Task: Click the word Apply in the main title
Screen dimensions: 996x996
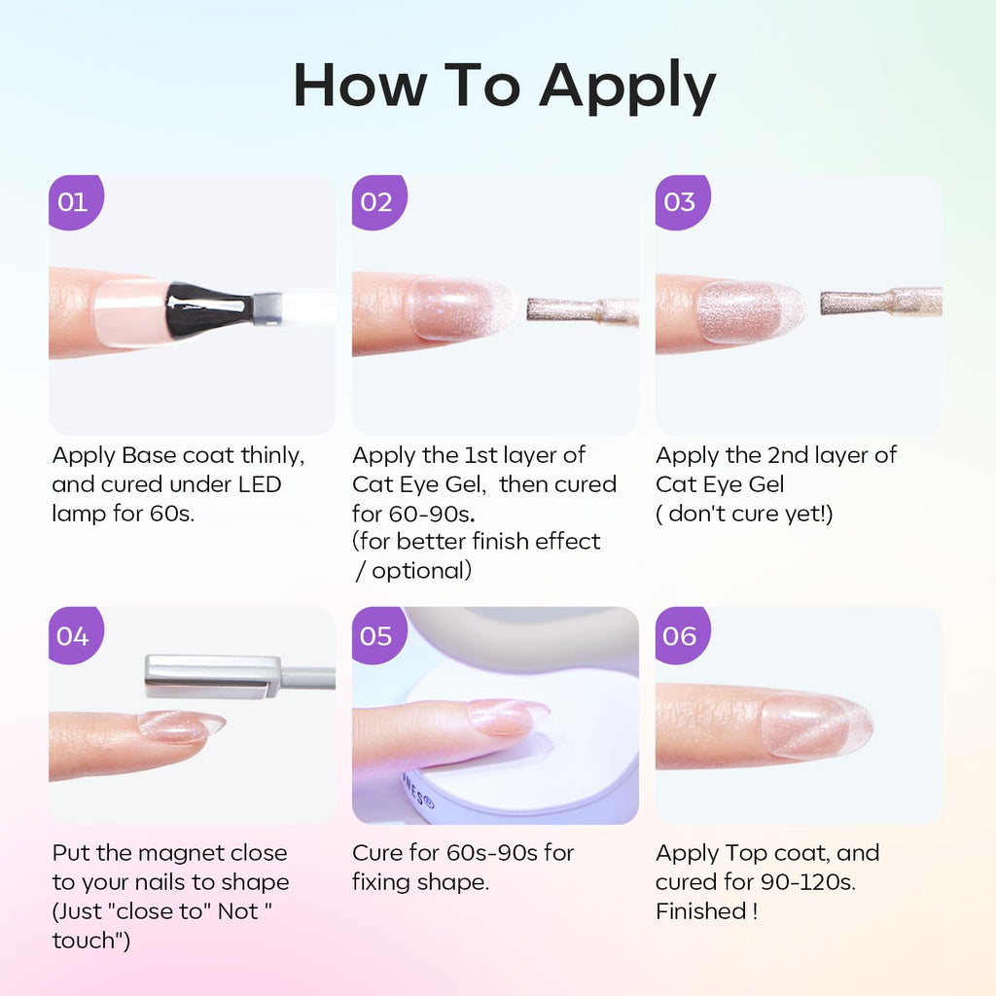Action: [x=627, y=88]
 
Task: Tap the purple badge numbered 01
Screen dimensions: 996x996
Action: [x=76, y=202]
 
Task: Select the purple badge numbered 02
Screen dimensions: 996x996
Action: [x=379, y=202]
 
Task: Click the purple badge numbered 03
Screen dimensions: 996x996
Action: [x=682, y=202]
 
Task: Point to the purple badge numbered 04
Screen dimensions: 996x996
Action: [x=76, y=635]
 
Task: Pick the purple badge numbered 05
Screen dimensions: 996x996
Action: [x=379, y=635]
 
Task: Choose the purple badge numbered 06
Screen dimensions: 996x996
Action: [x=682, y=635]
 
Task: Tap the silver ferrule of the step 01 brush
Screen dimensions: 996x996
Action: [x=267, y=308]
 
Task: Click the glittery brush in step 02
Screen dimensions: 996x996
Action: [x=583, y=309]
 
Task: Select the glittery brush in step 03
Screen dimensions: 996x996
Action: [x=881, y=302]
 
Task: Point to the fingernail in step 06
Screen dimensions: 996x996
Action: [x=816, y=725]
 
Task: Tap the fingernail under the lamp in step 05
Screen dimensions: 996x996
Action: [x=508, y=716]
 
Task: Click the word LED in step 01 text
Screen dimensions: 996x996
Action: [x=260, y=484]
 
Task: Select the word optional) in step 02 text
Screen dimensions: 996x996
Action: [x=422, y=571]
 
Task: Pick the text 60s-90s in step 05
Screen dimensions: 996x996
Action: [x=491, y=853]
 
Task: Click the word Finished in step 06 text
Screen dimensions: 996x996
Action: [x=700, y=911]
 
